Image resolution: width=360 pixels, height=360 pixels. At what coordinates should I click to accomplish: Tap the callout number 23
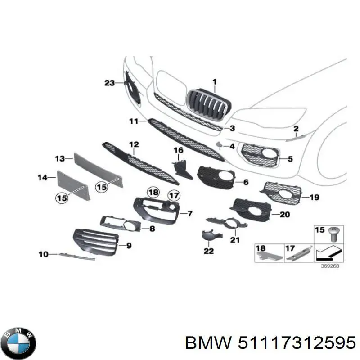click(110, 83)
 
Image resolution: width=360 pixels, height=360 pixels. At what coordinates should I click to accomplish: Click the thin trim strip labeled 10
click(76, 256)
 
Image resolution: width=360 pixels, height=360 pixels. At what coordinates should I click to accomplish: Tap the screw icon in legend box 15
click(333, 233)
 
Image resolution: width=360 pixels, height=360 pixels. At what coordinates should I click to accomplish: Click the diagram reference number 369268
click(331, 265)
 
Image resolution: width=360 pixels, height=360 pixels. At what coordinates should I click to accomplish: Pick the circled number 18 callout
click(153, 193)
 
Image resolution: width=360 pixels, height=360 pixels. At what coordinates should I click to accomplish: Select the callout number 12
click(134, 144)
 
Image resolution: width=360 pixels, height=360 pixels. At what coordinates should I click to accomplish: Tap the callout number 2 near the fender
click(296, 129)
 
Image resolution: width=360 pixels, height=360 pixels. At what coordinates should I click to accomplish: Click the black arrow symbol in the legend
click(323, 254)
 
